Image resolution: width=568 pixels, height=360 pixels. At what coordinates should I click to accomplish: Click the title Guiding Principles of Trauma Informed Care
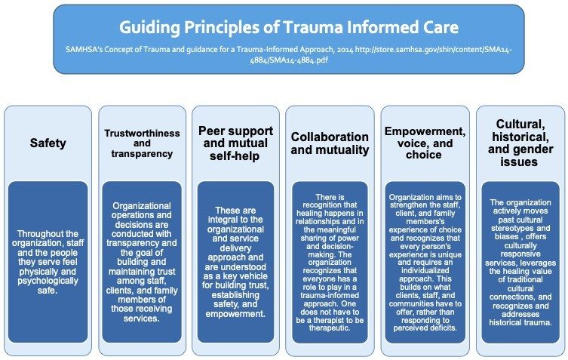click(x=289, y=28)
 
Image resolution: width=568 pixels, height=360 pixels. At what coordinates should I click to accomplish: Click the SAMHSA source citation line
click(x=289, y=55)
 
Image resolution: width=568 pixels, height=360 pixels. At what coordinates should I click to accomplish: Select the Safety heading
click(x=48, y=143)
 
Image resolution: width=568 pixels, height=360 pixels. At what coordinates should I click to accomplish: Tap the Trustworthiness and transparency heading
click(x=142, y=143)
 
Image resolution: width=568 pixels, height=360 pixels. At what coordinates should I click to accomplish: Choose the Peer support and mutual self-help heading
click(x=235, y=143)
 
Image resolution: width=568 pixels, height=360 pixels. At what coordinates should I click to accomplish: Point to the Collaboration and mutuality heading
click(x=330, y=143)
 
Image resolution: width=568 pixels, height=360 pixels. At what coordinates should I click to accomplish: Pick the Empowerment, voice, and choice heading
click(x=425, y=143)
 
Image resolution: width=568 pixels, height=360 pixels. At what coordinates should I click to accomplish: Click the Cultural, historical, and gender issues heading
click(x=520, y=143)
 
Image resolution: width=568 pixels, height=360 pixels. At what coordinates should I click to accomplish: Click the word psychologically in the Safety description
click(x=48, y=281)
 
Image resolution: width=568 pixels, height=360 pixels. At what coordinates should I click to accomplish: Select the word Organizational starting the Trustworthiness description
click(x=142, y=206)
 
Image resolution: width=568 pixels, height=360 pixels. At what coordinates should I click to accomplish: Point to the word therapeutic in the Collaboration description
click(x=330, y=328)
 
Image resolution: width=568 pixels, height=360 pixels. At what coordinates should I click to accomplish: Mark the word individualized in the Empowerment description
click(x=425, y=270)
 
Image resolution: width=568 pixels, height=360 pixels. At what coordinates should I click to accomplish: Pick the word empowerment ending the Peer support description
click(x=235, y=314)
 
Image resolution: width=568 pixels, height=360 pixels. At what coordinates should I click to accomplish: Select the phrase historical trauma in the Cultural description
click(x=520, y=322)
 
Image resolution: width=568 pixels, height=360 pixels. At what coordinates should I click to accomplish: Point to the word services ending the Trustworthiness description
click(x=142, y=318)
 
